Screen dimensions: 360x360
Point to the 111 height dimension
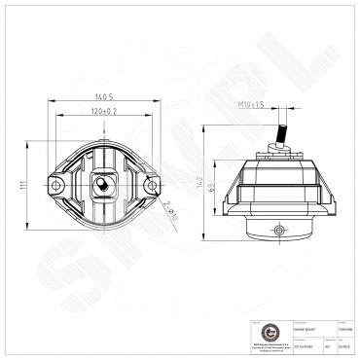[x=20, y=187]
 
